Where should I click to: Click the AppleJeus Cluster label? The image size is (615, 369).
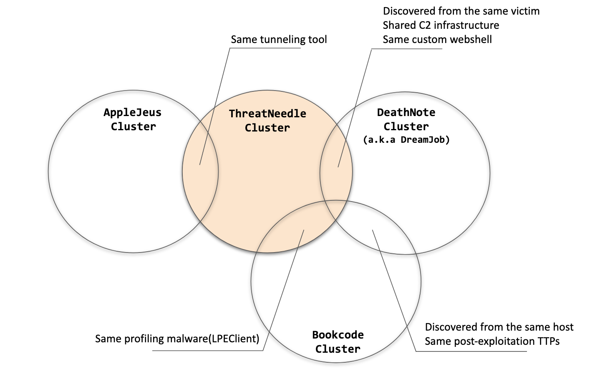coord(133,119)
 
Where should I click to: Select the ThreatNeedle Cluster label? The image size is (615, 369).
coord(267,121)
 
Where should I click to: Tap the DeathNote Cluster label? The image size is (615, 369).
coord(406,119)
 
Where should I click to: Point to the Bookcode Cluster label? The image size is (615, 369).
coord(338,342)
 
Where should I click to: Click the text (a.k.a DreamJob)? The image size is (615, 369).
coord(406,140)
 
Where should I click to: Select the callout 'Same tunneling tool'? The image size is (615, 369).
coord(279,40)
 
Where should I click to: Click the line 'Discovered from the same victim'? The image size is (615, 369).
coord(461,11)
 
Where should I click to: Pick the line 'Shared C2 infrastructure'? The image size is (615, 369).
coord(441,25)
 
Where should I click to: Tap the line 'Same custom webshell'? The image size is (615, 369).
coord(437,40)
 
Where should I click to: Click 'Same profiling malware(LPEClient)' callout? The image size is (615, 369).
coord(177,339)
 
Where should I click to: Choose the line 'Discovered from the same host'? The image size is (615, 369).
coord(499,327)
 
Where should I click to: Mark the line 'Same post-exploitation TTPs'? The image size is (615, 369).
coord(492,341)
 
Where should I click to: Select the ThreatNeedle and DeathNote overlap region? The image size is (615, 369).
coord(336,171)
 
